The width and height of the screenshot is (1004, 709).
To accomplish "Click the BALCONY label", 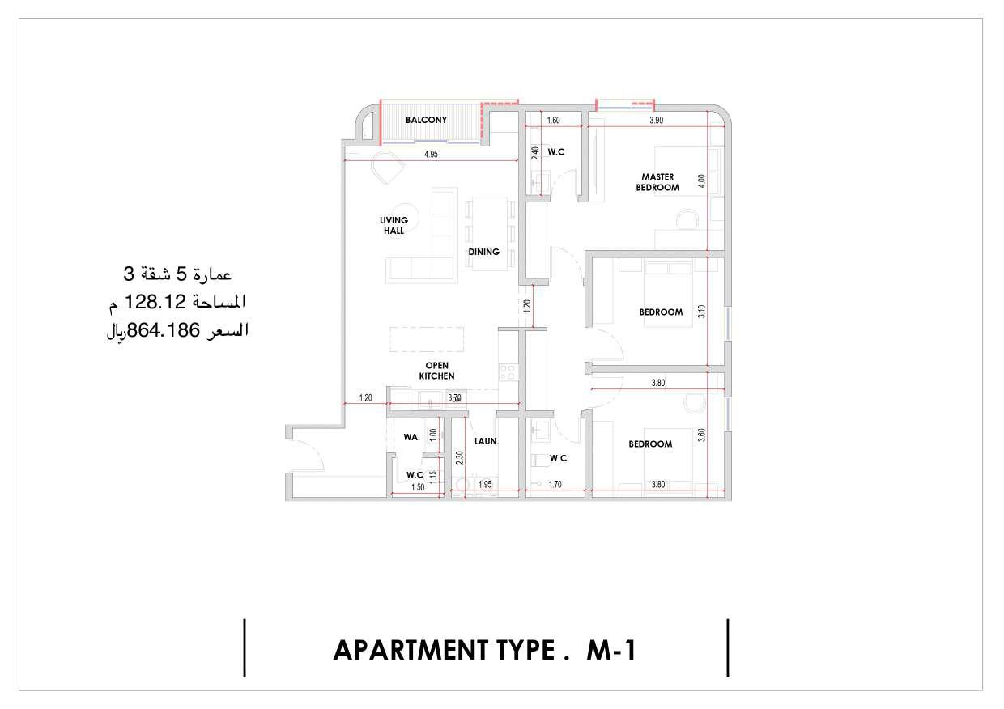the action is (426, 120).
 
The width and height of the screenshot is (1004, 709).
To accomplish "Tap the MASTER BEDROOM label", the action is (657, 182).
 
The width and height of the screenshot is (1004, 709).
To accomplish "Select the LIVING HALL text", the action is (394, 225).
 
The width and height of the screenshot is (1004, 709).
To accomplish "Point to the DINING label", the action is (483, 252).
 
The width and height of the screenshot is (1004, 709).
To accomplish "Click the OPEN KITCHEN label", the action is (436, 371).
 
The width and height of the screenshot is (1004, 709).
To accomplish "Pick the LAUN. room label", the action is (487, 441).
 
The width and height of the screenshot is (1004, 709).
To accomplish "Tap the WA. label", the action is (411, 437).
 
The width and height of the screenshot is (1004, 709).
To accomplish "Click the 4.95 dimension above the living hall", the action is (431, 154).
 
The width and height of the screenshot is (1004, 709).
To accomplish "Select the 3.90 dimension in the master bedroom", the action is (656, 120).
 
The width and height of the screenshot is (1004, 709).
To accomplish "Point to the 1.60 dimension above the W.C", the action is (553, 120).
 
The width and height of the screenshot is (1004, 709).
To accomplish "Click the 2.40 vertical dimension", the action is (535, 153).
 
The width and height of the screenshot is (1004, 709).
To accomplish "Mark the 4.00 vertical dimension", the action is (702, 181).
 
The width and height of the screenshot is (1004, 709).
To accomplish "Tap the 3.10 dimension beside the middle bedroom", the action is (702, 312).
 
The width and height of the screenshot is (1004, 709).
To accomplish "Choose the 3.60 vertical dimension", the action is (702, 435).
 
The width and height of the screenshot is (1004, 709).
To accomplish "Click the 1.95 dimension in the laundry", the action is (485, 484).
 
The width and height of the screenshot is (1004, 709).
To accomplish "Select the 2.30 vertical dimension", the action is (459, 457).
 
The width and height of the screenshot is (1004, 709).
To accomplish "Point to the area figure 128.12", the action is (155, 302).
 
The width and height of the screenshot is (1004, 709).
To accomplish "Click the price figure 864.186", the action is (164, 331).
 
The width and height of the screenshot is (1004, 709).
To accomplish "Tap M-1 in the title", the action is (611, 650).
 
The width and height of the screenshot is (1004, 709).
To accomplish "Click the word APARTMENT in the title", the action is (411, 650).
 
